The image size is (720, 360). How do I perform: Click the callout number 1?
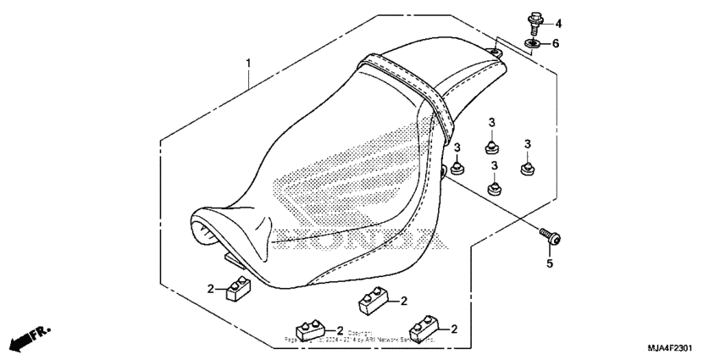click(249, 64)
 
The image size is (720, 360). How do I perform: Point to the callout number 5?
click(548, 264)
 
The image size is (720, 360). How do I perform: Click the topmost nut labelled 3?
click(491, 147)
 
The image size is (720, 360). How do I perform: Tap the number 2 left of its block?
click(211, 289)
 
